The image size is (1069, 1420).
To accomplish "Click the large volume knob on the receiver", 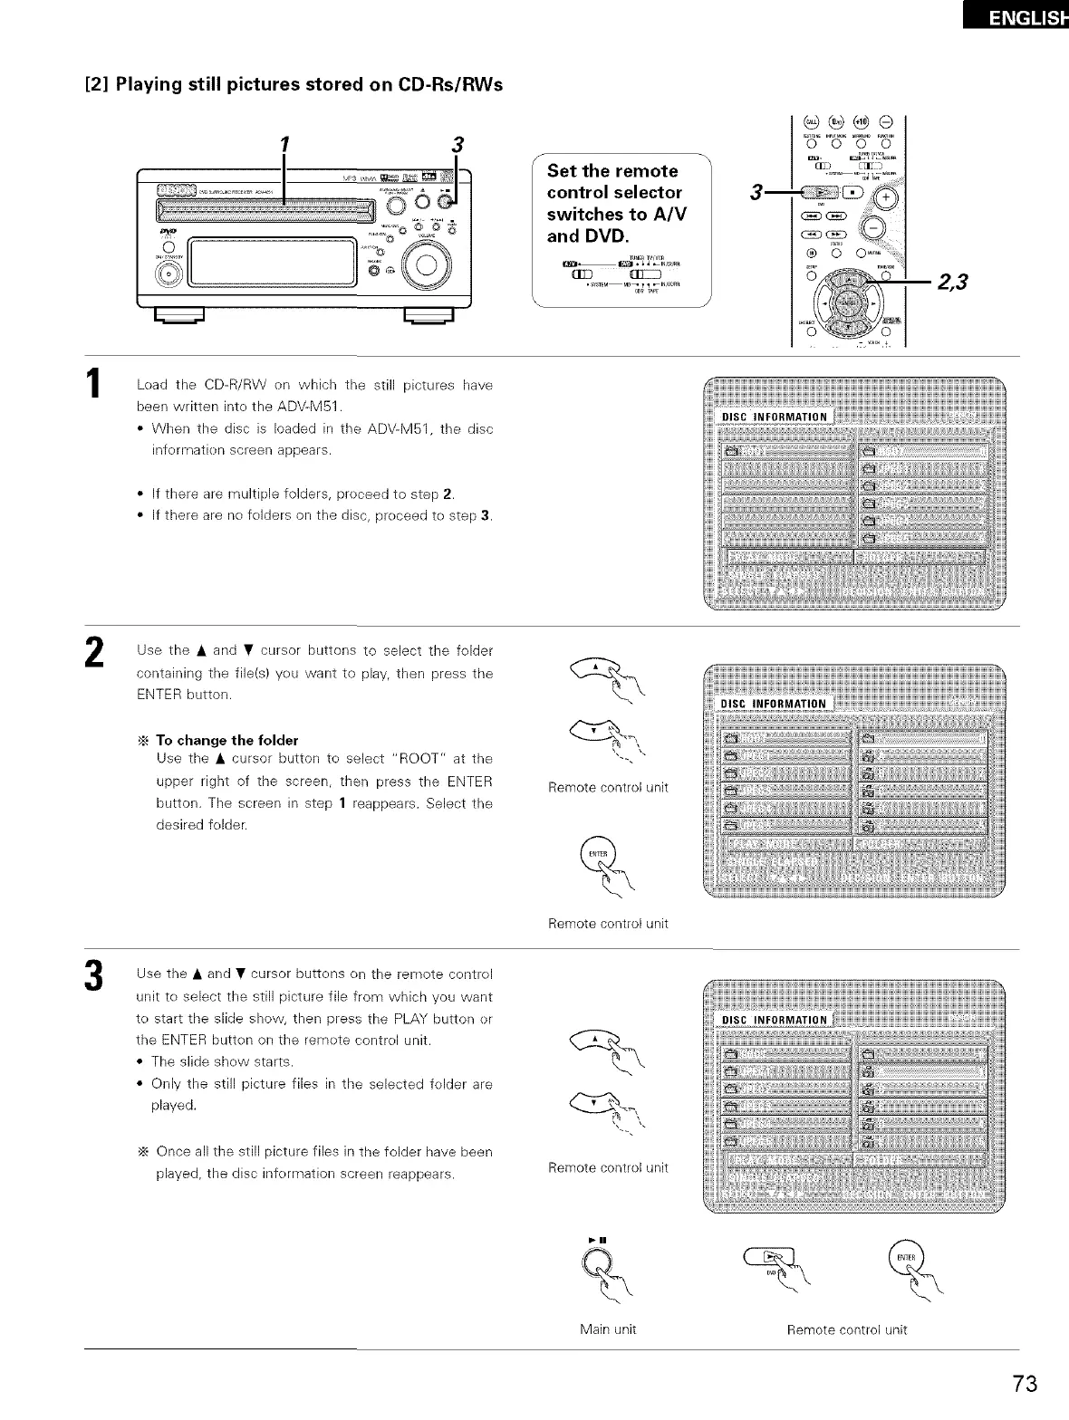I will click(425, 268).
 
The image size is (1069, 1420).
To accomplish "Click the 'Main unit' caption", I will click(608, 1329).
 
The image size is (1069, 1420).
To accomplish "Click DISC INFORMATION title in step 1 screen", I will click(774, 417).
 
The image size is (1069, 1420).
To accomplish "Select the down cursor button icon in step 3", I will click(598, 1101).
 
